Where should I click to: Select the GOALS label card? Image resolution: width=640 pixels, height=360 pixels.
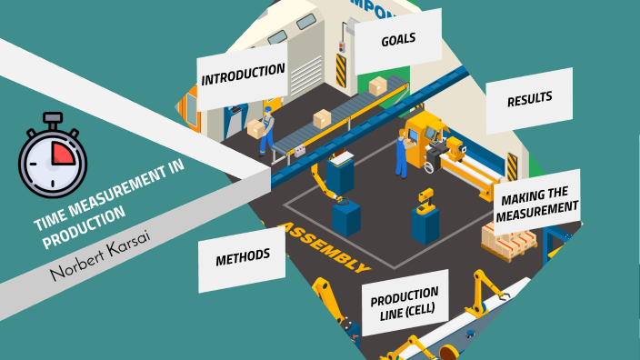(x=398, y=40)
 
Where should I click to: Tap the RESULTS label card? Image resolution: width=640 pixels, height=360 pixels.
(x=530, y=98)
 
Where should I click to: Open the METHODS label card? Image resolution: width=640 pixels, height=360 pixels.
(x=243, y=258)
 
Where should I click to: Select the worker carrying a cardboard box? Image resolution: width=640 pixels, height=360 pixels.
(x=265, y=130)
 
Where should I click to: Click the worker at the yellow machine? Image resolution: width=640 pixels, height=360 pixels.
(x=402, y=153)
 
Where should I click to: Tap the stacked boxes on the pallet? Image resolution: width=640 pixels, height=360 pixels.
(x=509, y=238)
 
